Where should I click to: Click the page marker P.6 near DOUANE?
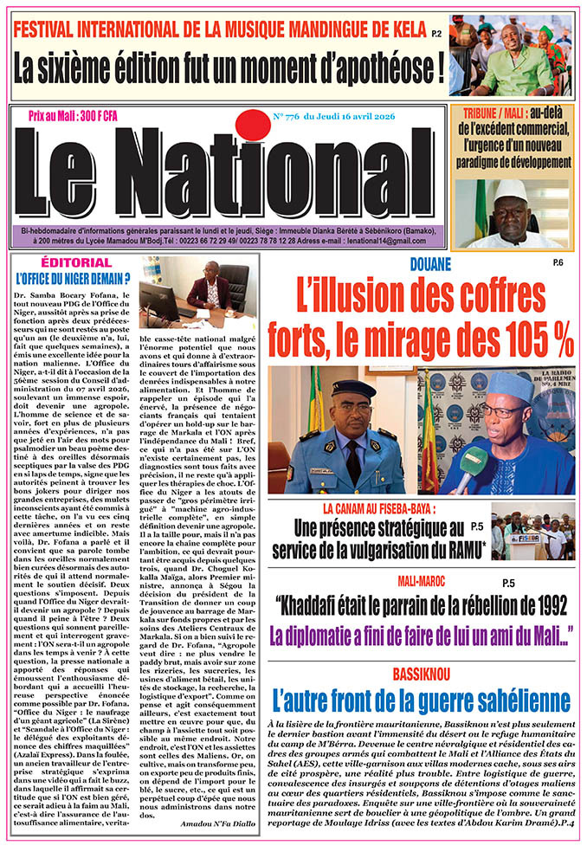click(558, 261)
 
